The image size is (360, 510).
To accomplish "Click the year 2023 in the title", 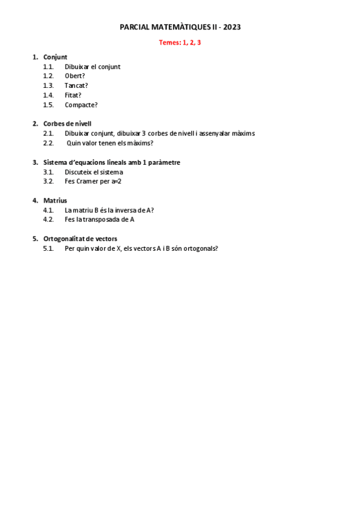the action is tap(233, 27).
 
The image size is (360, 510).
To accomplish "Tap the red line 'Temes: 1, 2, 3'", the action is tap(180, 42).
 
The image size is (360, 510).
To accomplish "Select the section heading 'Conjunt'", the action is tap(55, 57).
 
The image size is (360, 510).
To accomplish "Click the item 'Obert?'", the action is tap(75, 76).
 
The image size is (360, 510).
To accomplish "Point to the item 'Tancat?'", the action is tap(76, 85).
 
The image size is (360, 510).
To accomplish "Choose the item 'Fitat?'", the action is tap(73, 95).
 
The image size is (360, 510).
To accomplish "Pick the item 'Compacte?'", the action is tap(81, 105).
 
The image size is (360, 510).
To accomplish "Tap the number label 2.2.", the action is tap(49, 143).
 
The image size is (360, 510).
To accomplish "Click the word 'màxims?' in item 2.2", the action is tap(141, 143).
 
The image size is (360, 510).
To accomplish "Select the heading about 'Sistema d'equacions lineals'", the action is tap(112, 162).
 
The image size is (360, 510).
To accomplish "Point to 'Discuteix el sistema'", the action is tap(94, 172).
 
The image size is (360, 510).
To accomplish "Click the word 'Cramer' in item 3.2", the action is tap(88, 181).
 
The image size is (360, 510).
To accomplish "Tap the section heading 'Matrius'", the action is tap(55, 200).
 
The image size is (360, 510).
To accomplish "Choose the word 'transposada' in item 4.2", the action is tap(104, 220).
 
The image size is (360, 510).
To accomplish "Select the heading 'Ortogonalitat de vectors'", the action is tap(80, 239).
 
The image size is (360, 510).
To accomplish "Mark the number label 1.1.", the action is tap(49, 67).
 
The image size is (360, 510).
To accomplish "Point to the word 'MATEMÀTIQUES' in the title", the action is tap(174, 27).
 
